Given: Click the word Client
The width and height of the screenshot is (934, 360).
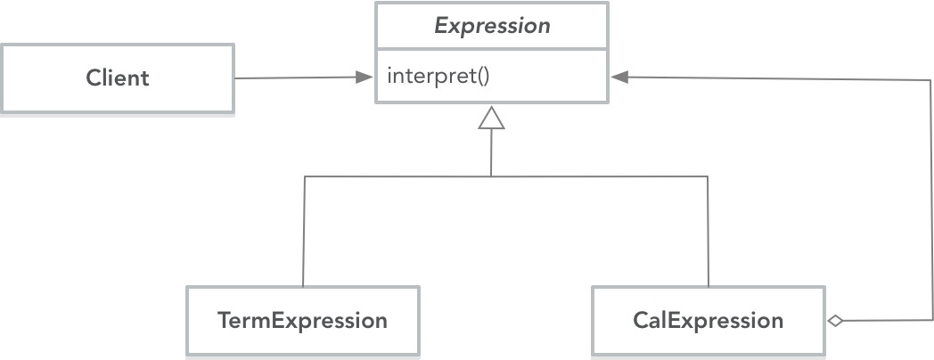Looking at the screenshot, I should coord(118,78).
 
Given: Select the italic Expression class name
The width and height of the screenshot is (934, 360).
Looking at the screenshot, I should coord(492,26).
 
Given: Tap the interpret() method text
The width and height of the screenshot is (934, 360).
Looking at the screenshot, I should coord(438,76).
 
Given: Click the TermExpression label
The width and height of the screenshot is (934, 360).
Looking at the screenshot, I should coord(302,320).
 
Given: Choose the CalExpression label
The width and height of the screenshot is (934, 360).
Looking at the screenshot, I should coord(709,320).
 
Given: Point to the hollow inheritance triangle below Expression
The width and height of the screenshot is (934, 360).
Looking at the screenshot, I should coord(491,118).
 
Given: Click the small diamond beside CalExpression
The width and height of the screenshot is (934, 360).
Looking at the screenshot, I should coord(834,321).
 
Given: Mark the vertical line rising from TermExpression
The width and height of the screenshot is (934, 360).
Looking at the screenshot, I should coord(304,232).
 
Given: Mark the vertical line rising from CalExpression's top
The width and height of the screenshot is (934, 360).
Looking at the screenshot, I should coord(709,232).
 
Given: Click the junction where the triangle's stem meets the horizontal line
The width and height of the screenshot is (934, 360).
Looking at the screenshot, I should coord(491,176).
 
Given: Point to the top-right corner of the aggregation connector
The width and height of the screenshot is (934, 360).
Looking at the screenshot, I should coord(931,78).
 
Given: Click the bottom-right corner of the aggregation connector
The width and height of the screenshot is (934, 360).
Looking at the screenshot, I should coord(931,320).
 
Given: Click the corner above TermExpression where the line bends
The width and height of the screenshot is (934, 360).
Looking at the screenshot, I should coord(304,176).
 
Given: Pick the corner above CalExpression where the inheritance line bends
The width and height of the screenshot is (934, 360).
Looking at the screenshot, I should coord(709,176).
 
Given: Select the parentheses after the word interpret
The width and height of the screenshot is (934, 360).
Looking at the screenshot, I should coord(482,76).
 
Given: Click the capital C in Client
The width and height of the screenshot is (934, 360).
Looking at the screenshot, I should coord(93,78).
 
